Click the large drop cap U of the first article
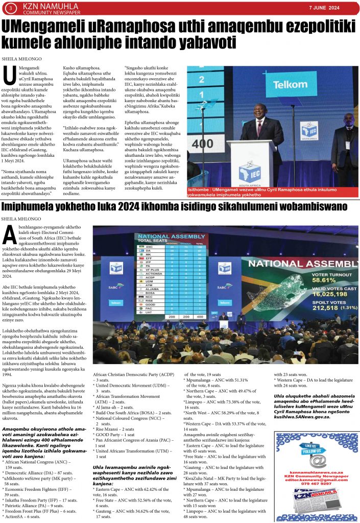(9, 76)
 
